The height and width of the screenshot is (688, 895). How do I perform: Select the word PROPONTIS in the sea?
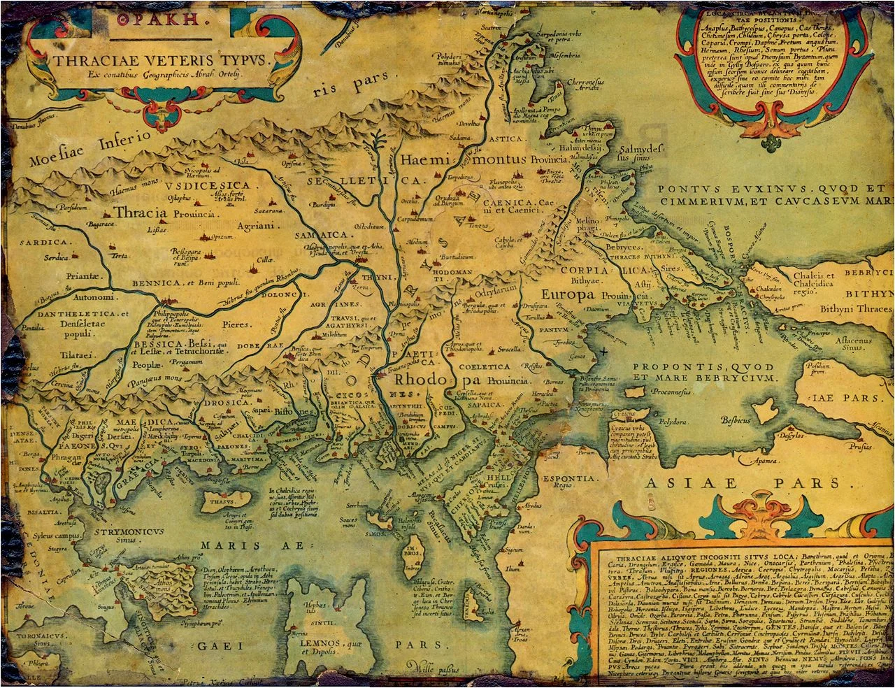click(673, 367)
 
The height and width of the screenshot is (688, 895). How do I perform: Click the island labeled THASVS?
click(219, 501)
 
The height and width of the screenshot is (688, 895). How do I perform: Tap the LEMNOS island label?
click(318, 643)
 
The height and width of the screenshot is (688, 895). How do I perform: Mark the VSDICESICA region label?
click(213, 185)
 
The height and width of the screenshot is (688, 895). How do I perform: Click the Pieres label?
click(236, 324)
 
